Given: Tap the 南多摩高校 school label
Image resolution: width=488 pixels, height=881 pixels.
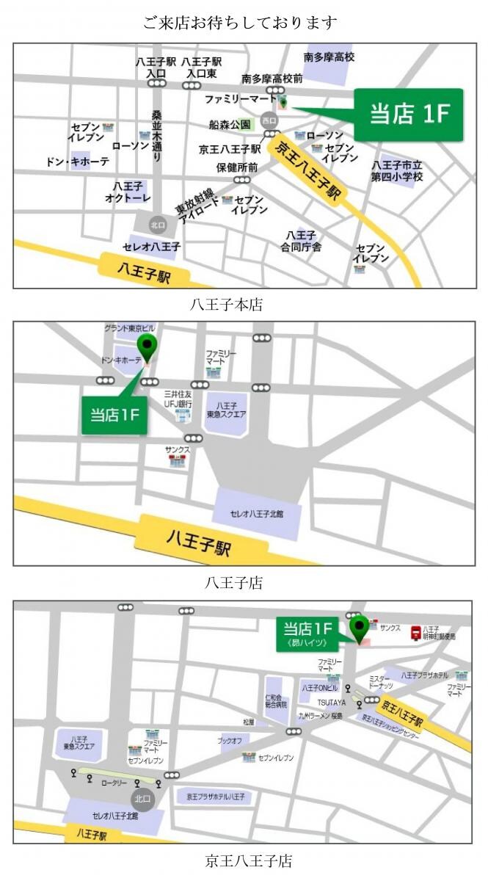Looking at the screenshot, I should tap(329, 57).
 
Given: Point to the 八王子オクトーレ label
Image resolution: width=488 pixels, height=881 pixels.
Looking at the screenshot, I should tap(128, 192).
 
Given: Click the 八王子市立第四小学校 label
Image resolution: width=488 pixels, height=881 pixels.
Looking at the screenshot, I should tap(397, 171).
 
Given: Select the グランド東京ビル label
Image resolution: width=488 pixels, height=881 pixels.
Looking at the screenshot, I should tap(130, 327).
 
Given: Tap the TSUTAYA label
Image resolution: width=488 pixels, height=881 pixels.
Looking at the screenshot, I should tap(332, 703).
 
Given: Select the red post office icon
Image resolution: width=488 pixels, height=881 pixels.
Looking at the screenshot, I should tap(415, 632).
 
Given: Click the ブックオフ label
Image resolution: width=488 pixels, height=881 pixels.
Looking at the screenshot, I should tap(230, 741).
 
